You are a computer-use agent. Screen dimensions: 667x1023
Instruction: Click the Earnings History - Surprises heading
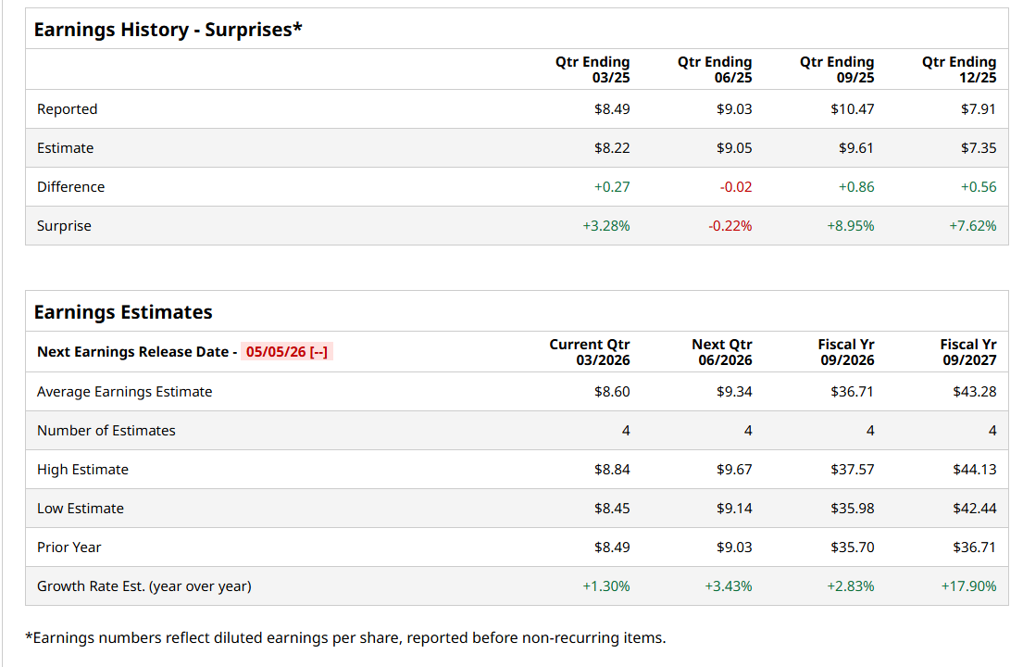pyautogui.click(x=168, y=30)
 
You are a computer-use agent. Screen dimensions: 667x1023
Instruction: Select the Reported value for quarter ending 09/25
pyautogui.click(x=852, y=109)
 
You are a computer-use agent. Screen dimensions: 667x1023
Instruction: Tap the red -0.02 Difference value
pyautogui.click(x=735, y=187)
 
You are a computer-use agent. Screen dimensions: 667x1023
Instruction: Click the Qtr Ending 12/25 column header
pyautogui.click(x=959, y=69)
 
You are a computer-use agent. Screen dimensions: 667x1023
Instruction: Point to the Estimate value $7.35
pyautogui.click(x=979, y=148)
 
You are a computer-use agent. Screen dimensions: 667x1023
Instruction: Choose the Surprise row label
pyautogui.click(x=64, y=226)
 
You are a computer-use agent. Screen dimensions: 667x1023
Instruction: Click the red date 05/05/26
pyautogui.click(x=276, y=352)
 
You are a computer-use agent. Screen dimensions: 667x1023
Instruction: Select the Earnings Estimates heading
pyautogui.click(x=123, y=312)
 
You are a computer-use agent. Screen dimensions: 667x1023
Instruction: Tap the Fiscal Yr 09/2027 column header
pyautogui.click(x=967, y=352)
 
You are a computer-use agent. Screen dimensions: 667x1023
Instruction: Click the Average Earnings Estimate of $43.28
pyautogui.click(x=975, y=392)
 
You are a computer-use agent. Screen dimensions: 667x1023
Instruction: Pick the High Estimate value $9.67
pyautogui.click(x=734, y=470)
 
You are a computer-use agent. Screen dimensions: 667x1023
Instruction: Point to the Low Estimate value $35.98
pyautogui.click(x=852, y=509)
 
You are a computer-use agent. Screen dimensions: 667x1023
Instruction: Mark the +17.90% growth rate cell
pyautogui.click(x=968, y=586)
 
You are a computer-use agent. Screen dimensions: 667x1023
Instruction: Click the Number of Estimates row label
pyautogui.click(x=106, y=431)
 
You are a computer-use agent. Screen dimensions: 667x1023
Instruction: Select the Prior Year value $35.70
pyautogui.click(x=852, y=547)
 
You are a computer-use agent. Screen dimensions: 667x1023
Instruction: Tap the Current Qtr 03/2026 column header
pyautogui.click(x=589, y=352)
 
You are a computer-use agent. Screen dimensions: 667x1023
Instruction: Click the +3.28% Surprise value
pyautogui.click(x=606, y=226)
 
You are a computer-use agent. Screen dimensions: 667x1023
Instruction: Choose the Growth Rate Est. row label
pyautogui.click(x=143, y=586)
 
